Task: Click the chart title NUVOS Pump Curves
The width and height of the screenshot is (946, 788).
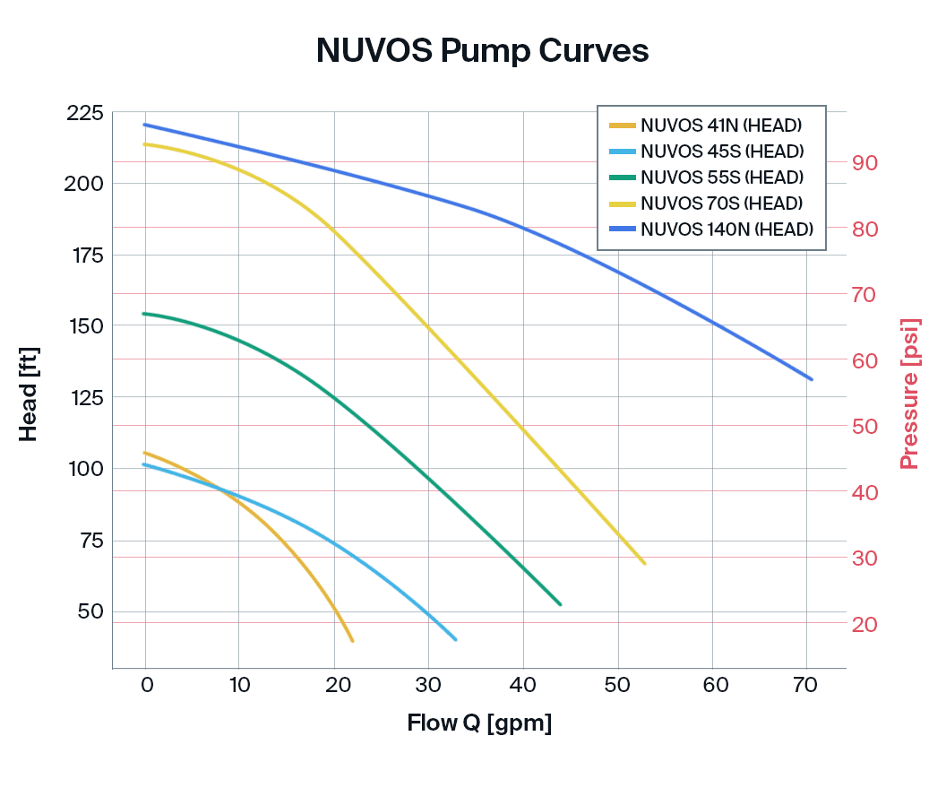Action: (x=482, y=51)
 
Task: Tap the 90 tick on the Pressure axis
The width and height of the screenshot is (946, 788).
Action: (x=864, y=163)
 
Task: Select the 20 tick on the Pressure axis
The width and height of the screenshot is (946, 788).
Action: (x=864, y=624)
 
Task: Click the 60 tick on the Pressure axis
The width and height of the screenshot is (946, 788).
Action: (x=864, y=360)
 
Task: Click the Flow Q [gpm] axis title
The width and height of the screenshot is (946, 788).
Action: (x=479, y=723)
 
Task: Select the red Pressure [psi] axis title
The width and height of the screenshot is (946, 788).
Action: (x=910, y=394)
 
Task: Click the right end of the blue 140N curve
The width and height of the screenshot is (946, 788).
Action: (x=811, y=379)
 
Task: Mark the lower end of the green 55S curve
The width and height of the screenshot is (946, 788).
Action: (x=560, y=604)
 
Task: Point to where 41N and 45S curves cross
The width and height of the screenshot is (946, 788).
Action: (x=218, y=488)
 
